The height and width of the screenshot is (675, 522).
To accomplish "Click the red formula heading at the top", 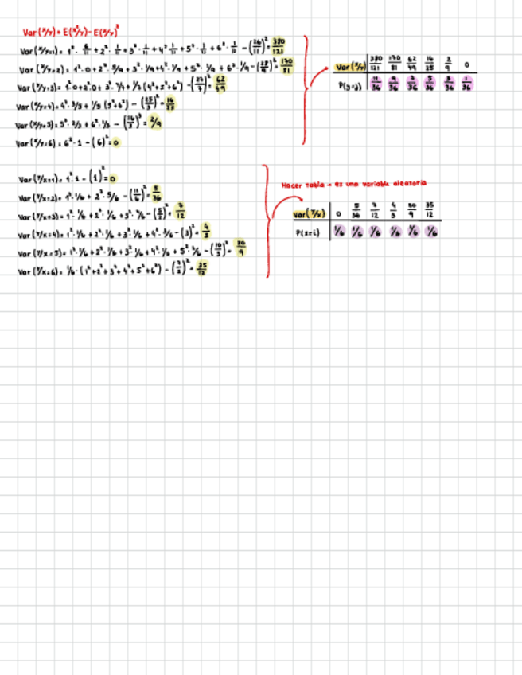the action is tap(71, 32).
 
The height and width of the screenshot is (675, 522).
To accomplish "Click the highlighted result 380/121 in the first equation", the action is tap(279, 45).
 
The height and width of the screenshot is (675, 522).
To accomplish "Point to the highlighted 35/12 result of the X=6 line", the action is tap(202, 270).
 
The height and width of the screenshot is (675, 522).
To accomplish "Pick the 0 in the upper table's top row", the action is tap(466, 65).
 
